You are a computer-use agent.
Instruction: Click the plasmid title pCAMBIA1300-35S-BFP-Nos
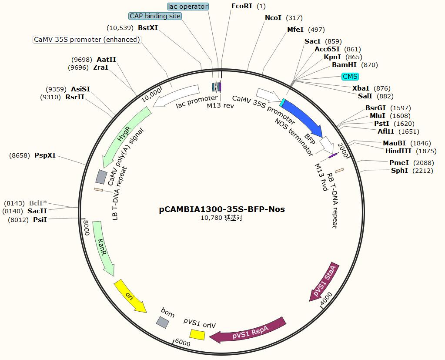point(222,209)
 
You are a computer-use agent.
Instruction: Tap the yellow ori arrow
point(129,296)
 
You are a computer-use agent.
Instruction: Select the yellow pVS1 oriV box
point(197,334)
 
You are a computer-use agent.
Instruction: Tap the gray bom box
point(163,322)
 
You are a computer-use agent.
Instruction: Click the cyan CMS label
point(350,77)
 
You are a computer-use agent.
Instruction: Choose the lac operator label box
point(188,7)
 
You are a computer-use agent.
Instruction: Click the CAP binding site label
point(155,16)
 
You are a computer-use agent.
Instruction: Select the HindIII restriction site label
point(398,151)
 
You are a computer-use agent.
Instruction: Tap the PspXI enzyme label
point(45,155)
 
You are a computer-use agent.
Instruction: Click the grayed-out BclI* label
point(38,203)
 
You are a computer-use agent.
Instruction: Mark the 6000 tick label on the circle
point(182,343)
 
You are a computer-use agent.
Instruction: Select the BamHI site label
point(344,65)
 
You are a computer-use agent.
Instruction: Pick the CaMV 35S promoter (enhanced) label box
point(87,40)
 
